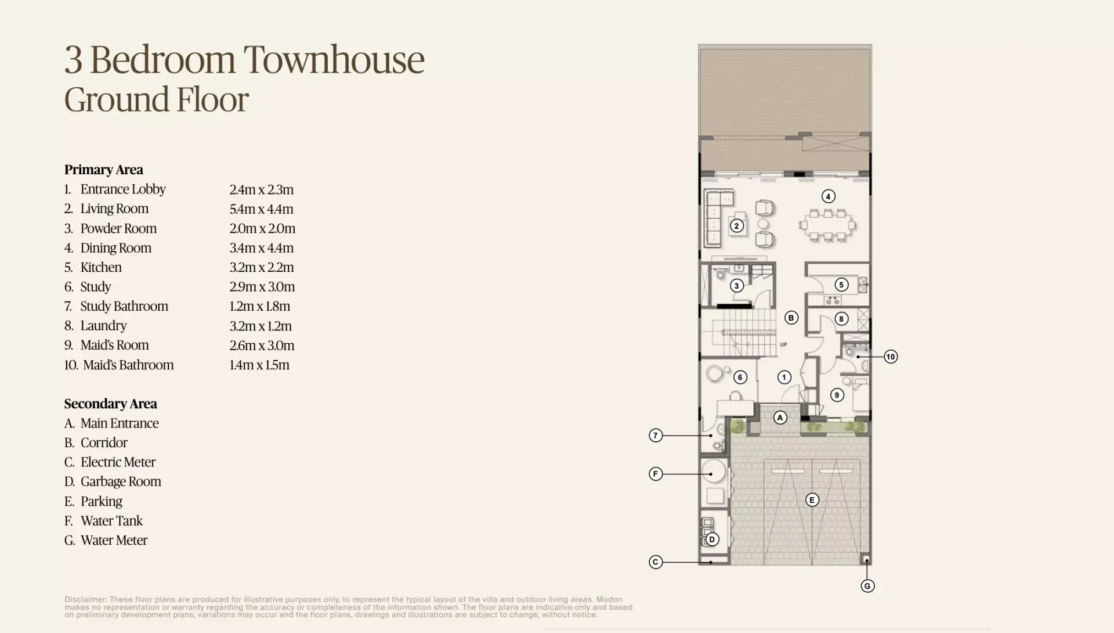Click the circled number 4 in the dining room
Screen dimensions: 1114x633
[828, 196]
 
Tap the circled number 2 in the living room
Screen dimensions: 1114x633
[737, 226]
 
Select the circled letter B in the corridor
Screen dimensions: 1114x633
[791, 318]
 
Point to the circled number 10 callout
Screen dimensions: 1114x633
[891, 357]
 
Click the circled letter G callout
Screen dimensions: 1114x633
[867, 586]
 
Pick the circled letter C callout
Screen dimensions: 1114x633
[656, 562]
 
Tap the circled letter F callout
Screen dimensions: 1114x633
[656, 474]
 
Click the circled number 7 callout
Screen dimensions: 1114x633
[656, 436]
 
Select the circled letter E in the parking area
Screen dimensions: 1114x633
[812, 500]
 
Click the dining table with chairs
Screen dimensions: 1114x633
[827, 225]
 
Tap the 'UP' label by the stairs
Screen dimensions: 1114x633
[783, 344]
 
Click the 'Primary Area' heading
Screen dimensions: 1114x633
[104, 170]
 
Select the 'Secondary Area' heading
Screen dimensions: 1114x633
[111, 404]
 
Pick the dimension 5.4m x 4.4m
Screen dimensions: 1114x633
[262, 208]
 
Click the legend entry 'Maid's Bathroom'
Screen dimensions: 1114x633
[128, 365]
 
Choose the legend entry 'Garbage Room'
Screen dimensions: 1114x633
[121, 481]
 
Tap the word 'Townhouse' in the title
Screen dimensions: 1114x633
[334, 59]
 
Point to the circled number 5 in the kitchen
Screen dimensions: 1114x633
[841, 285]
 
